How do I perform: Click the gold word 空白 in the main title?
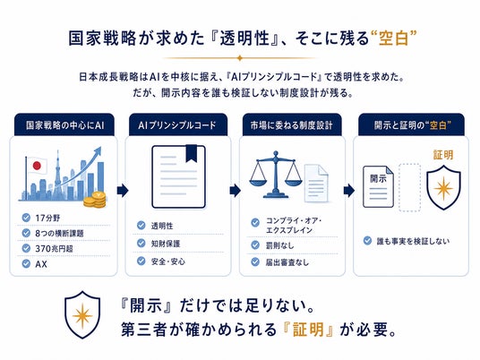393,39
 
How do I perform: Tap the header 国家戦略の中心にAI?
64,125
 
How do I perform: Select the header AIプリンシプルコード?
177,125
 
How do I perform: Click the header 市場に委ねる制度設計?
291,125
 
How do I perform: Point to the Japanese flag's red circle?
37,166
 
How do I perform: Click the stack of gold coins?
95,200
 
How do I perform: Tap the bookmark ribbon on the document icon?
192,153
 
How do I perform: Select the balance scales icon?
276,175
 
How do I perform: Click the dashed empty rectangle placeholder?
409,187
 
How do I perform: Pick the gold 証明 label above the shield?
443,155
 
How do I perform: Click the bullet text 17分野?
47,218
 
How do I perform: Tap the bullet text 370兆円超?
55,249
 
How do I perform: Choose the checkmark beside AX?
26,263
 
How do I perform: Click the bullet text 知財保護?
166,244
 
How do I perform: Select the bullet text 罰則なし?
279,245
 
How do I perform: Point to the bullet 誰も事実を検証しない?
413,241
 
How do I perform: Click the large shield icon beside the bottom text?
82,314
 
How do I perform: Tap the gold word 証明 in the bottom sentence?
308,330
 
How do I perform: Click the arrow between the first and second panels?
123,191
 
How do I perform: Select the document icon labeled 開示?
378,187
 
